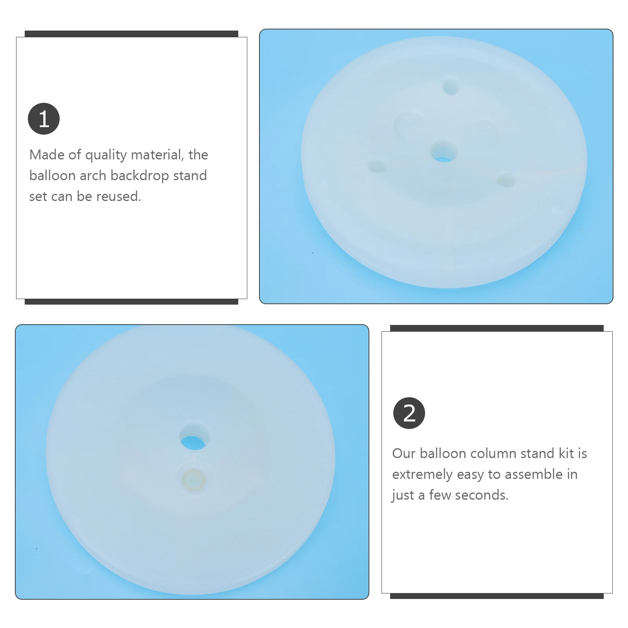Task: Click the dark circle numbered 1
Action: (44, 119)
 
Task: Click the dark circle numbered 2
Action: (409, 413)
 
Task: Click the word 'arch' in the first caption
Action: (93, 175)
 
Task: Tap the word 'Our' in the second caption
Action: (404, 453)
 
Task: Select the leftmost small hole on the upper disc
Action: (378, 167)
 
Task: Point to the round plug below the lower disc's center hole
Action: (194, 480)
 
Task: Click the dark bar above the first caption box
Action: (131, 34)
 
